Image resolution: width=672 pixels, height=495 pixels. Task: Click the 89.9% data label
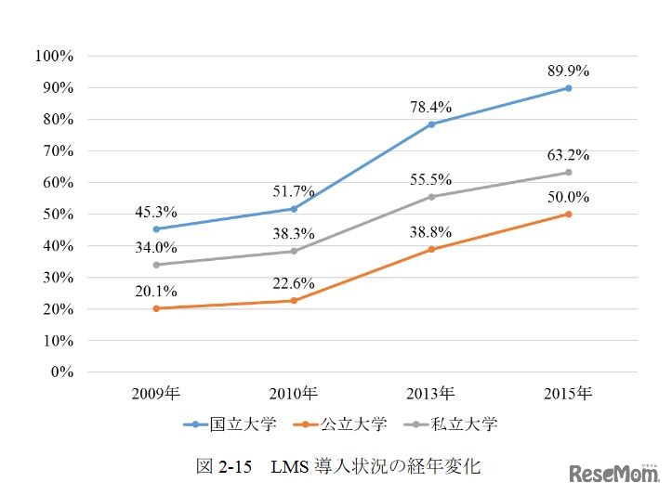tap(567, 70)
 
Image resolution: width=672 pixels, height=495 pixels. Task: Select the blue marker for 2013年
tap(431, 124)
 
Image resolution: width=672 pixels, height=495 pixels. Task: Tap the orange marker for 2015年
tap(568, 214)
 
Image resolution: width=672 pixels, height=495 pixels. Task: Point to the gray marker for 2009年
tap(155, 265)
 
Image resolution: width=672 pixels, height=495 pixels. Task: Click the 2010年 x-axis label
tap(294, 393)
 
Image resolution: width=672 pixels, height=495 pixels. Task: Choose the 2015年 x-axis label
tap(568, 393)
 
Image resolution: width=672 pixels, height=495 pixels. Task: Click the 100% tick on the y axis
tap(53, 56)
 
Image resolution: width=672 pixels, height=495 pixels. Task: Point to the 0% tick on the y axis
tap(60, 372)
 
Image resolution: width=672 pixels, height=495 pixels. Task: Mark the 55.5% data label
tap(430, 178)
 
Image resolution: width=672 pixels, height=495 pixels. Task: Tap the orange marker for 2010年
tap(294, 300)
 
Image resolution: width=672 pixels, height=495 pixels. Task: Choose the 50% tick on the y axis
tap(57, 214)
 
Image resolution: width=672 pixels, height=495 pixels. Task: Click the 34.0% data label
tap(155, 246)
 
